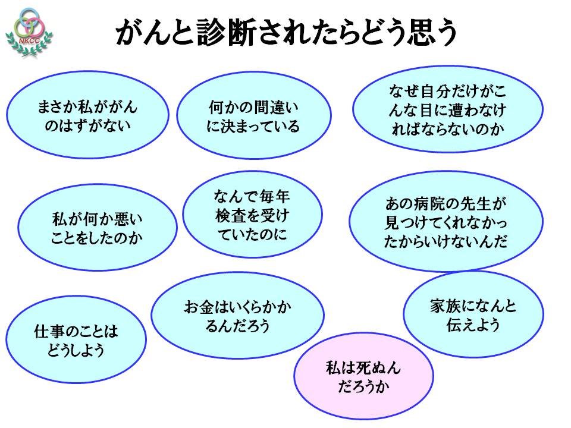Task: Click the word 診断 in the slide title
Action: click(x=214, y=33)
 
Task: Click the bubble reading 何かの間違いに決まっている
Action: click(x=253, y=117)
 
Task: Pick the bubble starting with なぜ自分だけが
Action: click(x=447, y=109)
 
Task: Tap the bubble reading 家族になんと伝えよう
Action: click(x=473, y=316)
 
